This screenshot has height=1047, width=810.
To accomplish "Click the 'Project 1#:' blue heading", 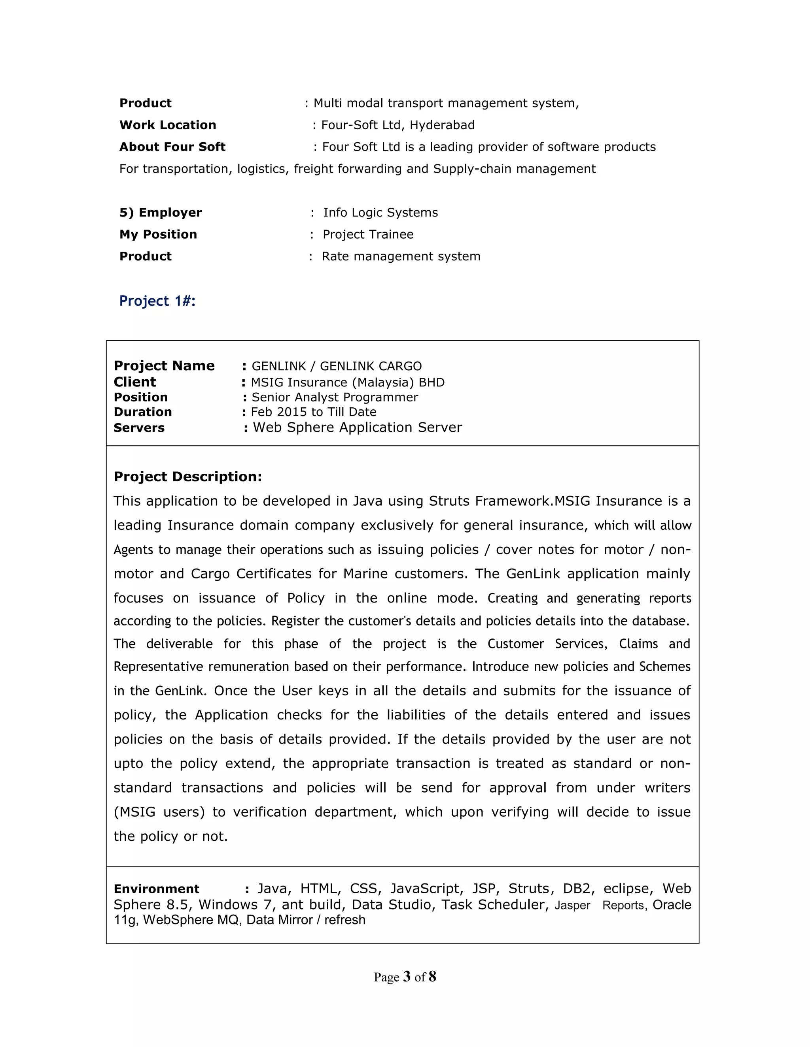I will [x=157, y=301].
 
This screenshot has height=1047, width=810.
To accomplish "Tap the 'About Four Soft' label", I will [x=172, y=147].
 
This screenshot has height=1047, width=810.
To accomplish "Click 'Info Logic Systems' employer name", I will [x=380, y=213].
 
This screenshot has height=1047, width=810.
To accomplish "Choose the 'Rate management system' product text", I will [x=401, y=256].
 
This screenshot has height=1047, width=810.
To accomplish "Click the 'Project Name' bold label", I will [x=164, y=366].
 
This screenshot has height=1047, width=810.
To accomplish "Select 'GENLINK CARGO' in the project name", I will [x=371, y=366].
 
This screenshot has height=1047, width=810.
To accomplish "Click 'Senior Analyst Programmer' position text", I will [x=335, y=397].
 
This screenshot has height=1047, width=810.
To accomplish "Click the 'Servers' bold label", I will [x=139, y=427].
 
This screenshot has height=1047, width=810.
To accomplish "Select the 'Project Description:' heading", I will [x=187, y=476].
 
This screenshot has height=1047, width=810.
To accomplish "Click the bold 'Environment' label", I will [x=157, y=889].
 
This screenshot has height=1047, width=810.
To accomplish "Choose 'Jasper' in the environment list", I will [x=572, y=905].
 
